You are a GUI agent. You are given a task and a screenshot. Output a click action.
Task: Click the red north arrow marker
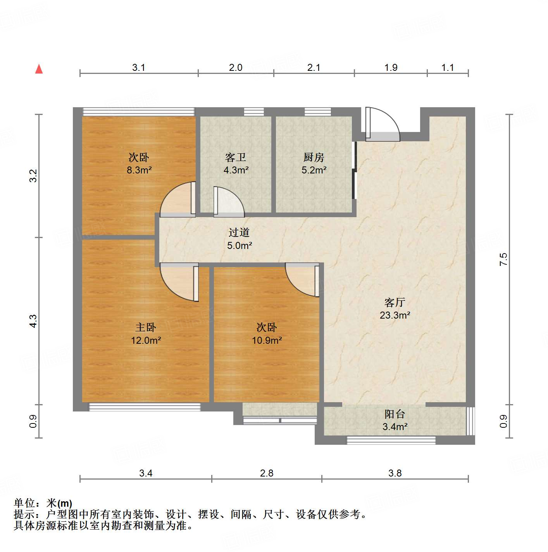click(x=39, y=69)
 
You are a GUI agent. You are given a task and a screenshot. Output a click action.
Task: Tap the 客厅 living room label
click(x=395, y=302)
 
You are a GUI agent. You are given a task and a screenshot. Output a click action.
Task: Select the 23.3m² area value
click(x=395, y=315)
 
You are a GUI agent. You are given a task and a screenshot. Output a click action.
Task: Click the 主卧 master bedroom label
click(x=145, y=327)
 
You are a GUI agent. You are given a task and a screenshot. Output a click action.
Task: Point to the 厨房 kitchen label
click(x=314, y=158)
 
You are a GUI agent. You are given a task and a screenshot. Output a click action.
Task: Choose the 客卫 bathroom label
click(x=235, y=158)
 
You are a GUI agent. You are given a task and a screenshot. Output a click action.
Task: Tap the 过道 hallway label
click(x=239, y=233)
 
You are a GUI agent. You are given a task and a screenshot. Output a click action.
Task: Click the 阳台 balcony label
click(x=395, y=414)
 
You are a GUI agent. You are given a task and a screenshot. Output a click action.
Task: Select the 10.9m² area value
click(x=267, y=340)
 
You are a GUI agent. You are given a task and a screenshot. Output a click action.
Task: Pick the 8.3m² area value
click(x=139, y=170)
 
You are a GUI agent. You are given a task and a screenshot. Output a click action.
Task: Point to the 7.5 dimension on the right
click(x=503, y=259)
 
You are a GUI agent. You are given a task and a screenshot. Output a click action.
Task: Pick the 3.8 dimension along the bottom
click(x=395, y=473)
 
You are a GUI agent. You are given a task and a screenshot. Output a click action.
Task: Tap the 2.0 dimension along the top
click(x=235, y=68)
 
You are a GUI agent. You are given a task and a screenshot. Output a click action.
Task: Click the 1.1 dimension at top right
click(x=447, y=68)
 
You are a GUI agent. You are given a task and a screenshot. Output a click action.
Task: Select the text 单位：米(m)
click(x=43, y=503)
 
